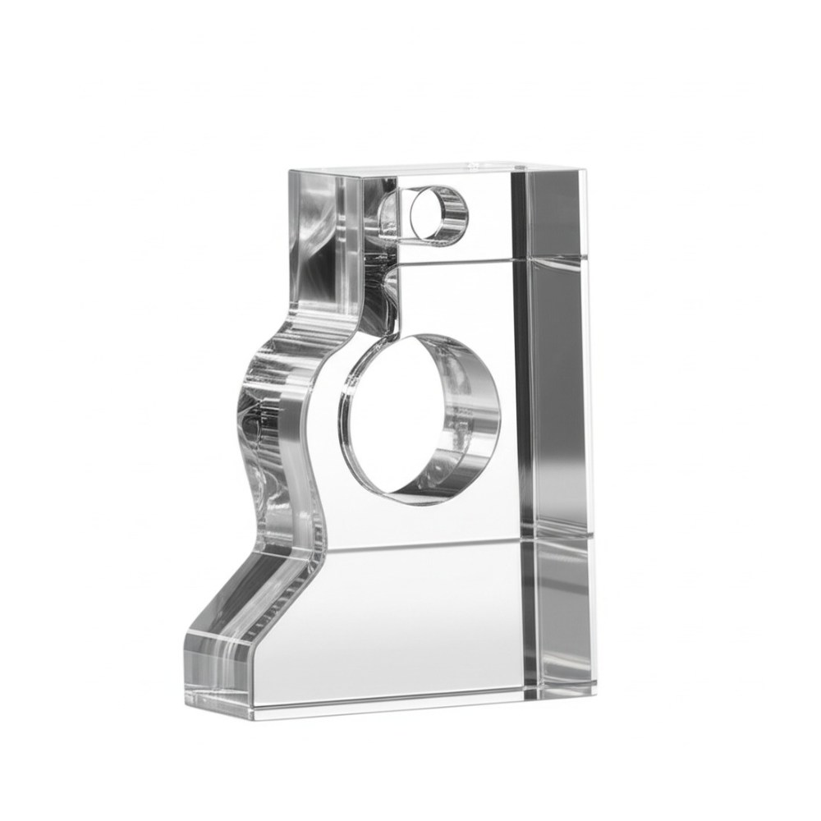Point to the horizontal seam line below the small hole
click(460, 262)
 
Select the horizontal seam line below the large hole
click(427, 544)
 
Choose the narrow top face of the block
click(443, 168)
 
